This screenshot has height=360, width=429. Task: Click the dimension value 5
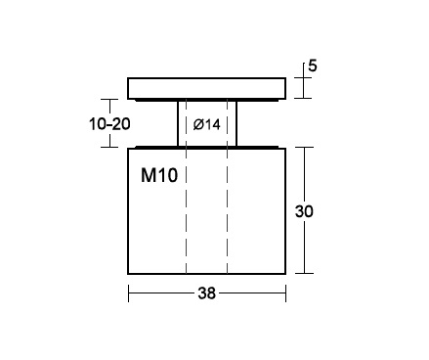pos(312,66)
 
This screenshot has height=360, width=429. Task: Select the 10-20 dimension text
pos(109,124)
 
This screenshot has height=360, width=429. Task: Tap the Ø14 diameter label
pos(206,124)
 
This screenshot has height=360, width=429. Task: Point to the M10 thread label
pos(159,175)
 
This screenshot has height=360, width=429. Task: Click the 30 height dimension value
pos(304,211)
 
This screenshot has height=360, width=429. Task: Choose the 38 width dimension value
pos(206,293)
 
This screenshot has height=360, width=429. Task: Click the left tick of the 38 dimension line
pos(129,293)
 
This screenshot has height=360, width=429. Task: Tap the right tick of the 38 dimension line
pos(285,293)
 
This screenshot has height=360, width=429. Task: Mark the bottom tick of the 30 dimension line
pos(304,273)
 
